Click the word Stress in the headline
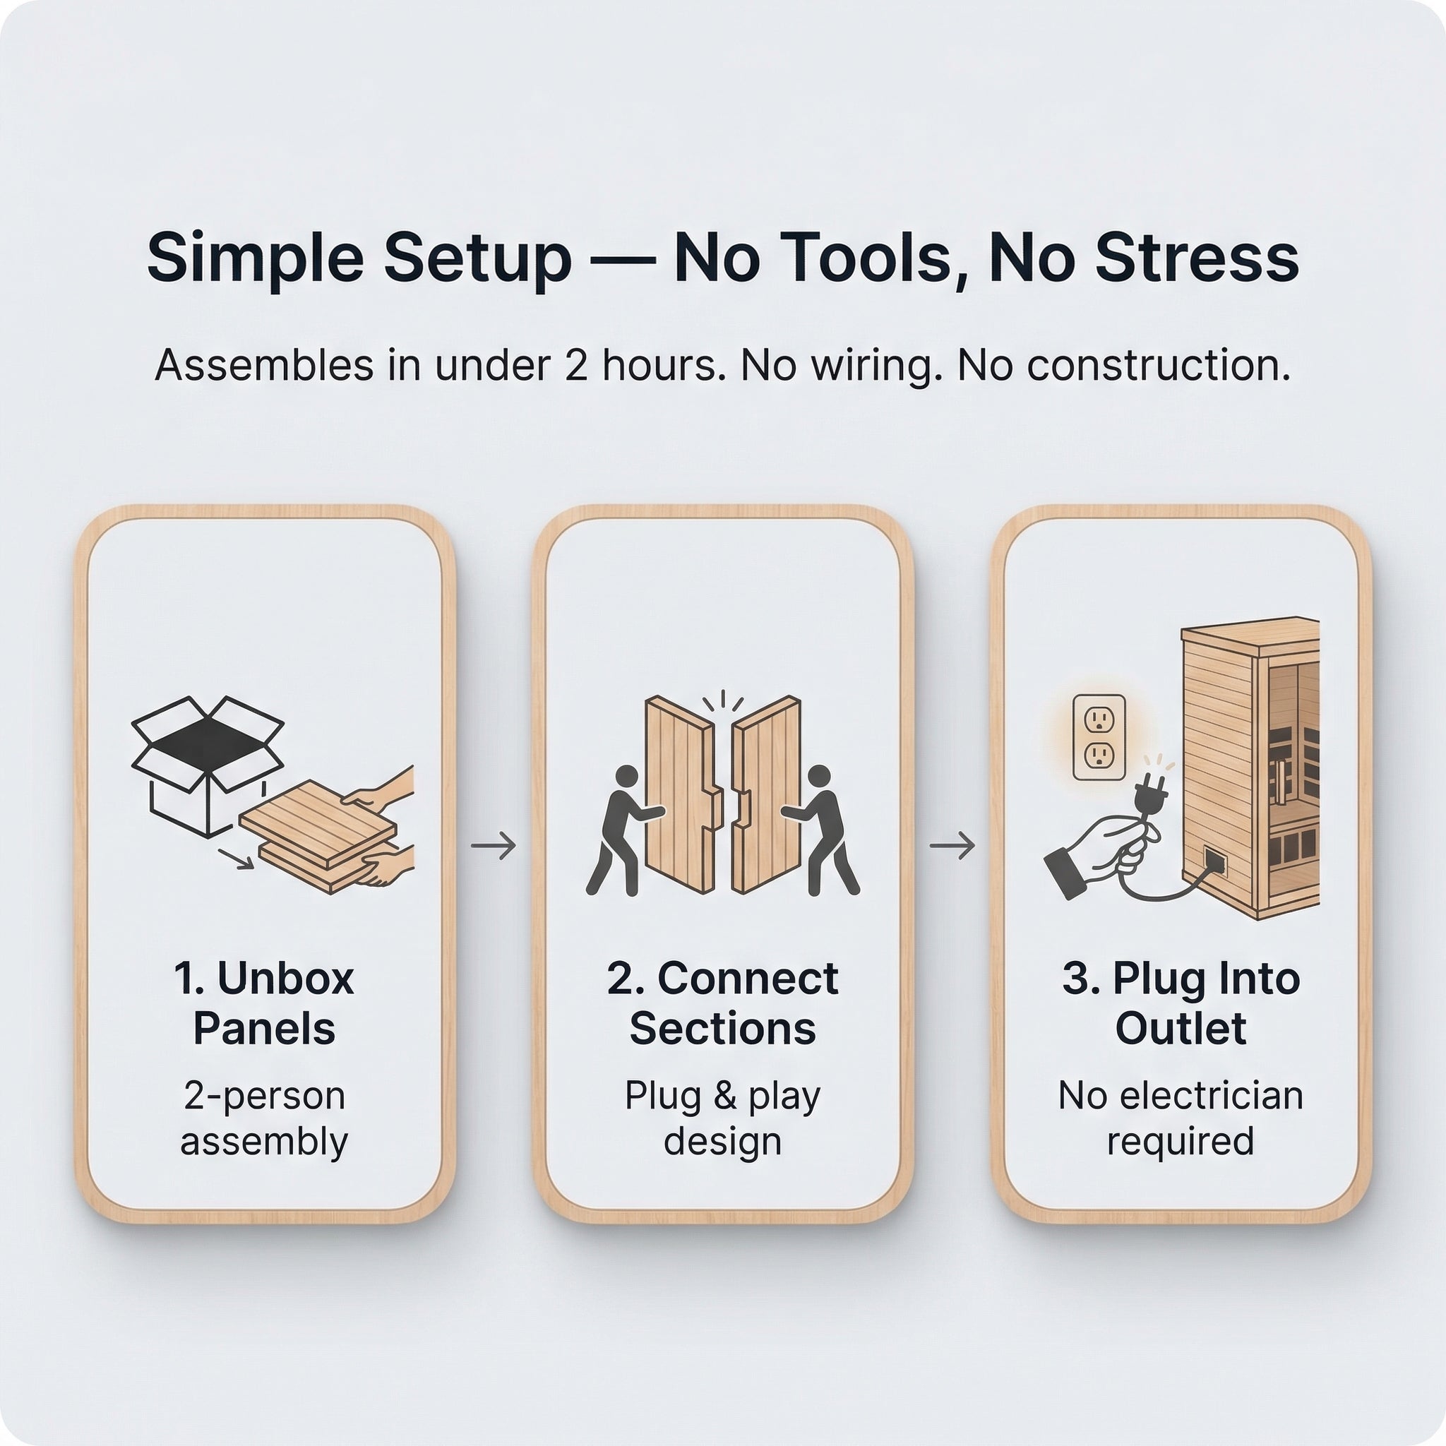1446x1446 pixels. [1197, 258]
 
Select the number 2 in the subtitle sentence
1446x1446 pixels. [576, 365]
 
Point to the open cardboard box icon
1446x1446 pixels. [207, 765]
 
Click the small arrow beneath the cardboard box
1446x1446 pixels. [236, 859]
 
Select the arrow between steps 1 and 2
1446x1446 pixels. [494, 846]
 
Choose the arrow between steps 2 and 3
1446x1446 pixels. [952, 846]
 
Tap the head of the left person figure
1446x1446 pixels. [626, 776]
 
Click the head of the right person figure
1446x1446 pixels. [820, 776]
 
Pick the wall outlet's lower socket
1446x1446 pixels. [1099, 756]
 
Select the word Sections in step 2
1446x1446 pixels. [722, 1029]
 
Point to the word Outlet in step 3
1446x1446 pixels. [1181, 1029]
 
